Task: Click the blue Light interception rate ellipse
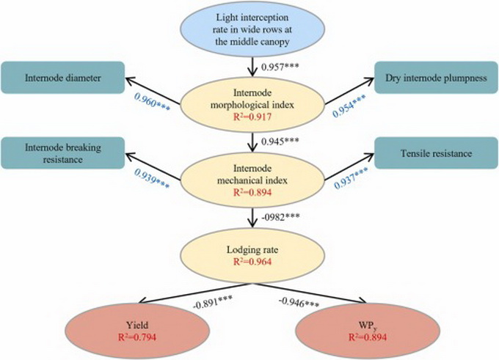252,31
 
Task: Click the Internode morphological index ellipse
252,104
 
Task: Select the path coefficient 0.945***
282,142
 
